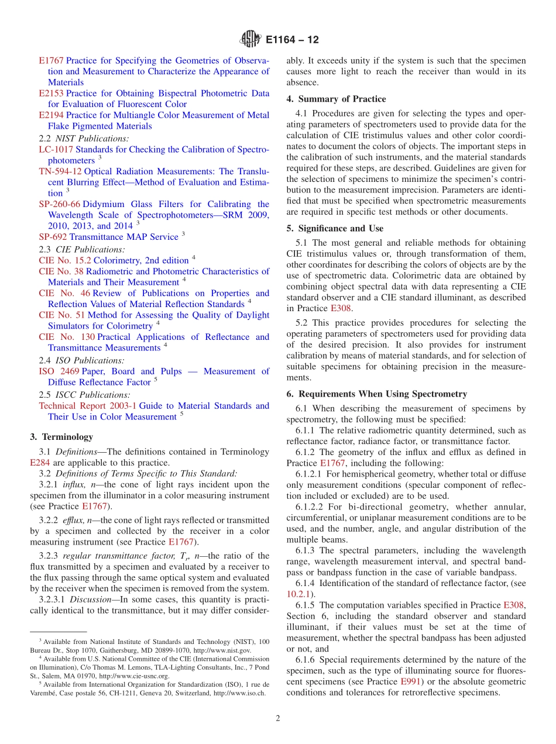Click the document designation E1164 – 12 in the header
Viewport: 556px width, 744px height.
[x=292, y=40]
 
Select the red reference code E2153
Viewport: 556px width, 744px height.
[x=51, y=94]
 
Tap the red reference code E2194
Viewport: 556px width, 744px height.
[x=51, y=115]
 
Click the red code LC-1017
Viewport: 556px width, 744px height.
[x=52, y=150]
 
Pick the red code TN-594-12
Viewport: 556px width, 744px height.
[x=60, y=171]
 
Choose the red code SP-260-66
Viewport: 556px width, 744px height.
[x=59, y=204]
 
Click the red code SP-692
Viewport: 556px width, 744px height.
[x=53, y=237]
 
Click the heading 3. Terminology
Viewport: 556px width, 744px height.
[x=61, y=436]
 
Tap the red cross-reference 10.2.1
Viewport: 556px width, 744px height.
[x=298, y=594]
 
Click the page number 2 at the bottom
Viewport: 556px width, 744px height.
[x=278, y=719]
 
